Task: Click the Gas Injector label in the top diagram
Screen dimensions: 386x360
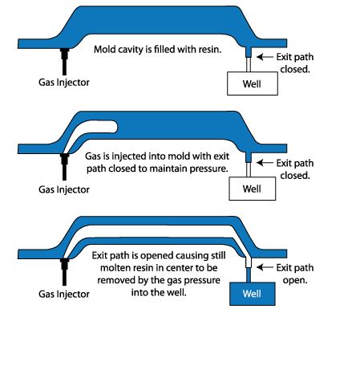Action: [x=64, y=82]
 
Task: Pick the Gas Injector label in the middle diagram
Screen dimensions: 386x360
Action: [x=64, y=189]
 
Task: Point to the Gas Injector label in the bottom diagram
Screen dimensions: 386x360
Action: [x=64, y=294]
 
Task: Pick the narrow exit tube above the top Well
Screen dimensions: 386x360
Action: [x=249, y=61]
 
